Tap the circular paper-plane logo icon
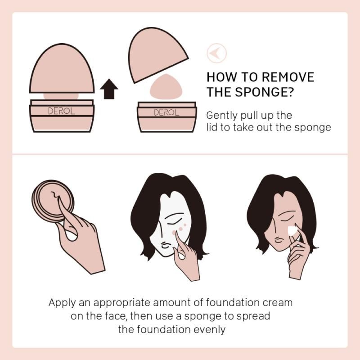(x=216, y=53)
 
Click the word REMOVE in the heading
(x=288, y=77)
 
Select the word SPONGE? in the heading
(x=264, y=92)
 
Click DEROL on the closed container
(x=62, y=111)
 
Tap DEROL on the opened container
(x=166, y=112)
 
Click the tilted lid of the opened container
(x=156, y=54)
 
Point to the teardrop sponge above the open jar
(x=166, y=85)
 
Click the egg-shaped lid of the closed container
(x=62, y=68)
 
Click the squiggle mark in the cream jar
(x=55, y=195)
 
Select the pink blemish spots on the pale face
(x=179, y=229)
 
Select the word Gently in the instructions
(x=222, y=116)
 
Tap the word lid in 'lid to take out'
(x=212, y=127)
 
